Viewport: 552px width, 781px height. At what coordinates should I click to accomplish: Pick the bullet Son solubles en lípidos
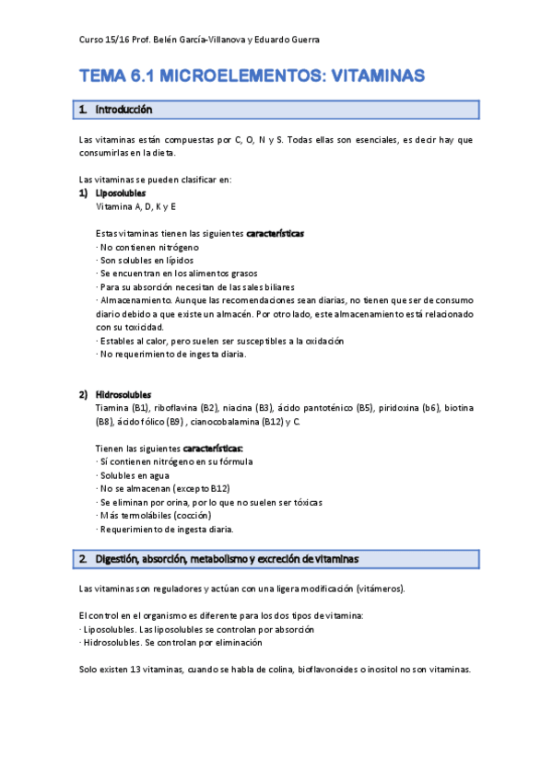145,261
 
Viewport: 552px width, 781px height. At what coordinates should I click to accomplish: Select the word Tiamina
112,407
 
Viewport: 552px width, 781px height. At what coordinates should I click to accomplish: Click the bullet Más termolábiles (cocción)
153,515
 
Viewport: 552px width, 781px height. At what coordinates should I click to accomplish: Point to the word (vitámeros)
378,589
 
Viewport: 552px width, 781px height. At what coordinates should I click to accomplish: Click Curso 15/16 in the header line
101,40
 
